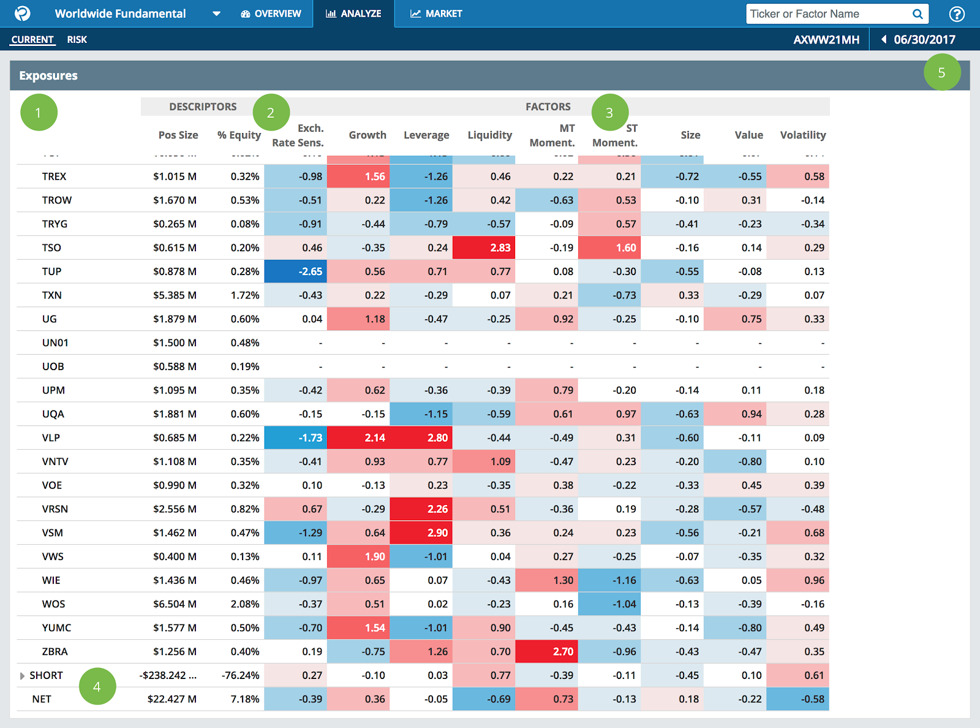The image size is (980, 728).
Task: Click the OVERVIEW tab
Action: point(271,13)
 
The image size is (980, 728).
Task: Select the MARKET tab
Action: point(436,13)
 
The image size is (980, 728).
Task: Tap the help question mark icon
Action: point(956,14)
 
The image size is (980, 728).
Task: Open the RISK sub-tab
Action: point(77,40)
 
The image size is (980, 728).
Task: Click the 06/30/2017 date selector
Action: point(918,40)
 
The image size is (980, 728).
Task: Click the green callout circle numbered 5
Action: point(941,72)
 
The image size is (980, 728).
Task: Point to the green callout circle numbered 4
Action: point(97,686)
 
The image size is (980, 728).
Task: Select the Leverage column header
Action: point(426,135)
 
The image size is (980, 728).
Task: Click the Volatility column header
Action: point(802,135)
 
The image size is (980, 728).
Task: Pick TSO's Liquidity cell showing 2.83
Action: point(484,248)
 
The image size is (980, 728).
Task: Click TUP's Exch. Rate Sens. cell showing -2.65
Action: point(295,271)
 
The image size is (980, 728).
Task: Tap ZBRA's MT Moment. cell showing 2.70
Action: point(546,651)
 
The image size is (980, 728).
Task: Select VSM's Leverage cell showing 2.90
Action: point(421,533)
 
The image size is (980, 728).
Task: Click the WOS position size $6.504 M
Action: point(175,604)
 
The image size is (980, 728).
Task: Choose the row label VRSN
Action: point(55,509)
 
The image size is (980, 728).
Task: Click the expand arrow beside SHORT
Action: point(23,676)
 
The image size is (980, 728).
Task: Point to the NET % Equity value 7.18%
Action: point(244,699)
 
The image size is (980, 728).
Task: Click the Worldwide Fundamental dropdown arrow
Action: point(216,14)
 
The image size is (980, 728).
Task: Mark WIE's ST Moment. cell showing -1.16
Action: point(609,580)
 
